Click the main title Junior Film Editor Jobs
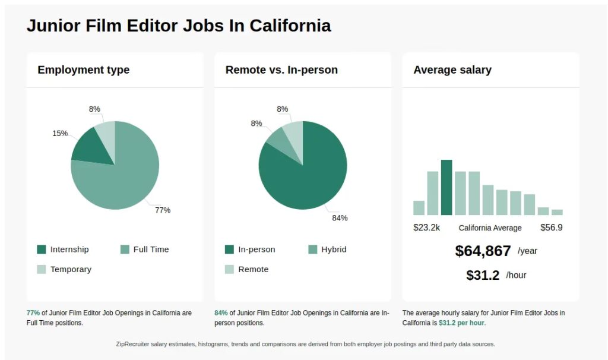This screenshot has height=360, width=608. tap(179, 26)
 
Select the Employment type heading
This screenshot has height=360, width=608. tap(83, 70)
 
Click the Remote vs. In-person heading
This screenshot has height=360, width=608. tap(281, 70)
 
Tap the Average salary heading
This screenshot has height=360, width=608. tap(452, 70)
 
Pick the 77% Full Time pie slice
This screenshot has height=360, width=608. tap(125, 178)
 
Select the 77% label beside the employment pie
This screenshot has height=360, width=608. tap(163, 210)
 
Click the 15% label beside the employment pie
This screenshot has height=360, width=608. tap(60, 133)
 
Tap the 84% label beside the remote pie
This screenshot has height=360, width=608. tap(340, 218)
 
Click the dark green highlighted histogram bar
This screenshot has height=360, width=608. tap(446, 187)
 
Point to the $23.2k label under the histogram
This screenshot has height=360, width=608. tap(426, 228)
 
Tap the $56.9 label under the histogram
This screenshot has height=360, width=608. tap(551, 228)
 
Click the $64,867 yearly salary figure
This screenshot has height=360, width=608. tap(483, 251)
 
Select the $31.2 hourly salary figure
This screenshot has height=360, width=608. tap(483, 276)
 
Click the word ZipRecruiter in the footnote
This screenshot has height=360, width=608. tap(135, 344)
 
